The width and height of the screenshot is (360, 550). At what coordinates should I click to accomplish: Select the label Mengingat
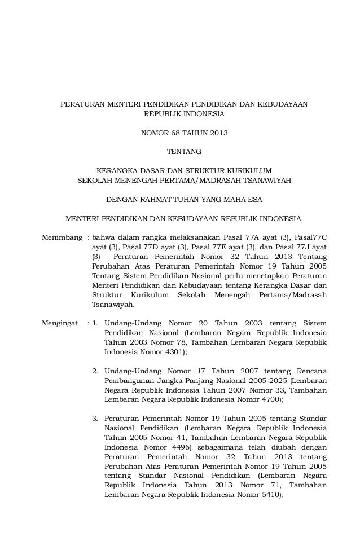pos(60,323)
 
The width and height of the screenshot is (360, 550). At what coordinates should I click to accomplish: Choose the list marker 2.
pos(95,371)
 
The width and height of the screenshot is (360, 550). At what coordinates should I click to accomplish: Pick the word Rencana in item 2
pos(310,371)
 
